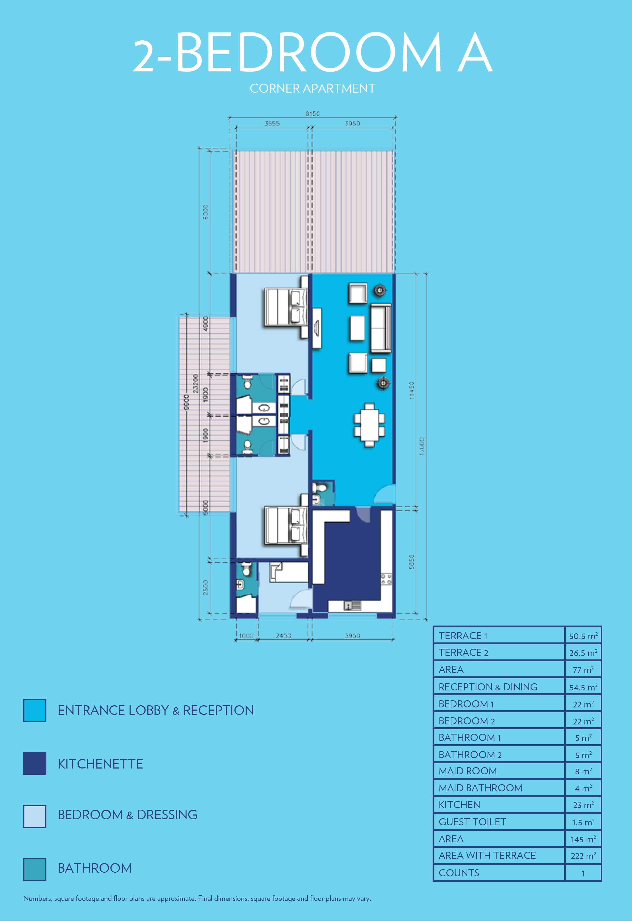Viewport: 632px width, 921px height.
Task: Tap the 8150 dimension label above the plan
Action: tap(312, 114)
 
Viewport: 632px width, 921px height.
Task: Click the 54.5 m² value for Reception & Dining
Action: tap(583, 687)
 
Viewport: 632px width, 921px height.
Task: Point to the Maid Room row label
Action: tap(468, 771)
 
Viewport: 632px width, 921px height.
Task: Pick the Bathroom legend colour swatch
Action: tap(35, 869)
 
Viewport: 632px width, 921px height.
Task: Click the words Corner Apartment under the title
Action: tap(312, 88)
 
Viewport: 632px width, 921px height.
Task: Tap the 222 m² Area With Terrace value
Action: tap(583, 856)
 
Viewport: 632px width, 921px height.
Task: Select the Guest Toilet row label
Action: tap(472, 822)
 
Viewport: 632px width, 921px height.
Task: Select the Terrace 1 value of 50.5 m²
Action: tap(583, 636)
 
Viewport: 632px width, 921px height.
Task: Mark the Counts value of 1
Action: tap(583, 873)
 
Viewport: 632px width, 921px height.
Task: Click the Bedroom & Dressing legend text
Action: tap(127, 815)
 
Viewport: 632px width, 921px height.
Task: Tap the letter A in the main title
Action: tap(475, 52)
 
